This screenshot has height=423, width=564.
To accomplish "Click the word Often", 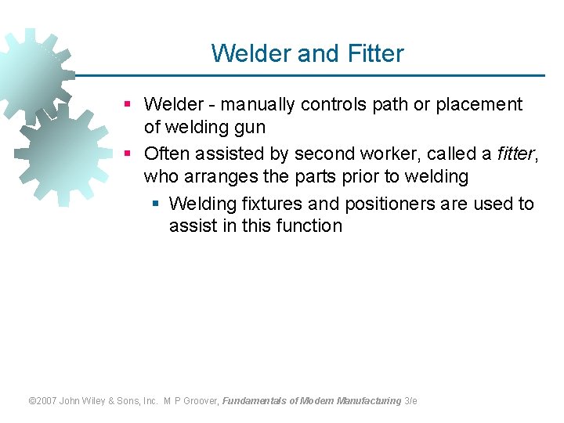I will pyautogui.click(x=168, y=154).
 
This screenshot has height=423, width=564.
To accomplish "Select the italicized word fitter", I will pyautogui.click(x=515, y=154).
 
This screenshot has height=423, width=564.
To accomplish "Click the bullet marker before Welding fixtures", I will pyautogui.click(x=155, y=204).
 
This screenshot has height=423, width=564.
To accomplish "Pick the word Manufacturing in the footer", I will pyautogui.click(x=369, y=401).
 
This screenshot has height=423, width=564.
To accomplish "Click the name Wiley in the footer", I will pyautogui.click(x=99, y=401).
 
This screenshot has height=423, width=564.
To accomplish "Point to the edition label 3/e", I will pyautogui.click(x=410, y=401).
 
